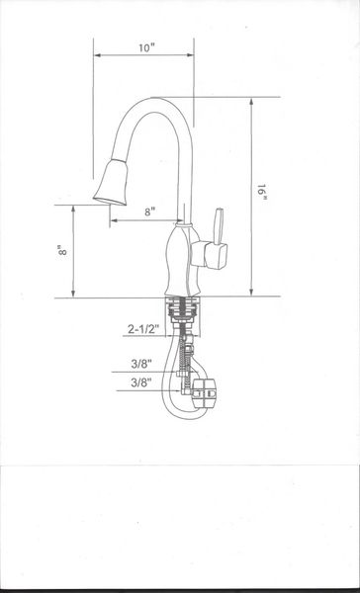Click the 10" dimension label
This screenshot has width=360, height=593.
147,48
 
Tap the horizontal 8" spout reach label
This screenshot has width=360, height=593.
150,212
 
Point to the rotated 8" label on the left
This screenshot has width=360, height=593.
62,250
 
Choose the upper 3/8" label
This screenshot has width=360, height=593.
141,364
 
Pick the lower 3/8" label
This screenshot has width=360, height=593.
141,382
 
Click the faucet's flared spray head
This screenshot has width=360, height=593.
112,183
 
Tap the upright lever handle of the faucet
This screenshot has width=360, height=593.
219,225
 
